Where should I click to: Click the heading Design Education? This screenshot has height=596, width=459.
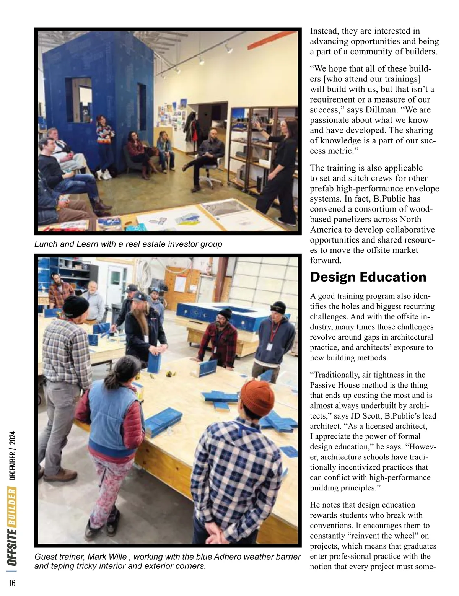(x=368, y=277)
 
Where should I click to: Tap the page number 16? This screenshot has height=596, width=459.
(x=12, y=583)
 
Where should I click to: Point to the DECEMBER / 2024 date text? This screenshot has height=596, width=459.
(x=12, y=455)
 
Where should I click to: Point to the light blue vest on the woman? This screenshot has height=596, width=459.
(x=111, y=411)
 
